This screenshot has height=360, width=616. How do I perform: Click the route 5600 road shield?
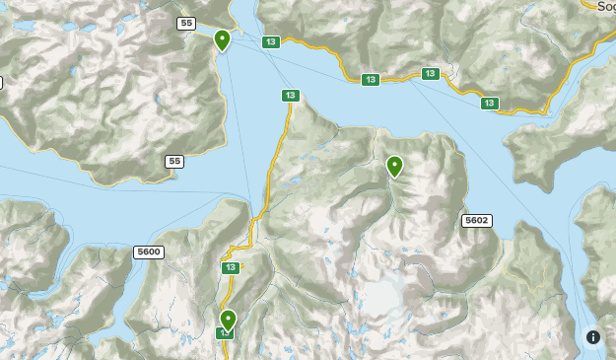148,252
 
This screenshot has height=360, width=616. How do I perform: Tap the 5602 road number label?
476,221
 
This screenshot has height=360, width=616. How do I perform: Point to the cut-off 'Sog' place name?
606,5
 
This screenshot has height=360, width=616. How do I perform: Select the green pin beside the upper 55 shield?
222,40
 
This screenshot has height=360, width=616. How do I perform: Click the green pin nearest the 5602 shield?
394,167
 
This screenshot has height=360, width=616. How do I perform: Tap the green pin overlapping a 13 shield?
228,320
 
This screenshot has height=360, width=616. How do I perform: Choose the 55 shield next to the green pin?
186,23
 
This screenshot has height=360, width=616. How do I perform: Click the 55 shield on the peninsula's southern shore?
174,161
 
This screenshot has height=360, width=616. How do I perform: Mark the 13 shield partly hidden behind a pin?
226,333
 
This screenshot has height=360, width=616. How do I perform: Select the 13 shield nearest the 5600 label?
230,267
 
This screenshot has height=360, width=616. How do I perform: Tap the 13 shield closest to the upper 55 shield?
270,42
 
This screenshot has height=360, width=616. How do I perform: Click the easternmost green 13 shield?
489,104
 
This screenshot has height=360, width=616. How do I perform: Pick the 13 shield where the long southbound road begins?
289,96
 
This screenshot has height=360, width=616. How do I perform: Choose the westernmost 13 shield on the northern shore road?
370,80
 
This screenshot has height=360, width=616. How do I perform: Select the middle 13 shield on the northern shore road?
430,74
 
